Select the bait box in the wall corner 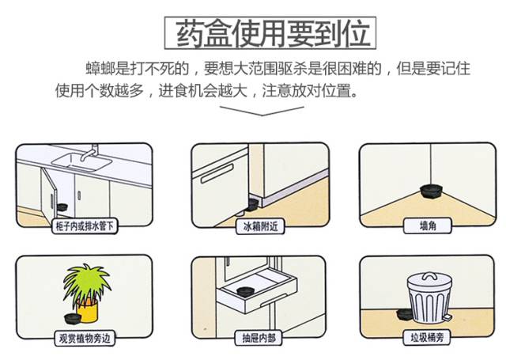tap(432, 191)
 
